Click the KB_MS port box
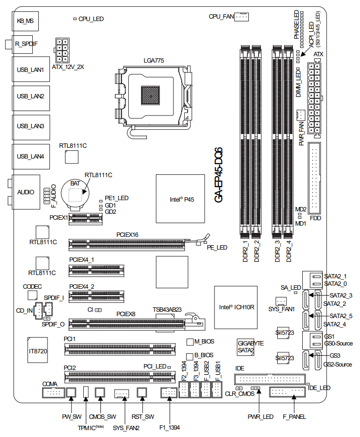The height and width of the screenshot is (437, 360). click(25, 21)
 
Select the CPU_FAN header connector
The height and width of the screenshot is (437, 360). click(242, 17)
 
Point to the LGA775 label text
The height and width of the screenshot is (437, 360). click(153, 60)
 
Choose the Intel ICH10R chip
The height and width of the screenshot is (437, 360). click(237, 307)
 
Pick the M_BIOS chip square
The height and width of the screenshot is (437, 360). click(191, 341)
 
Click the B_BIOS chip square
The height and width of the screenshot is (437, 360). click(191, 355)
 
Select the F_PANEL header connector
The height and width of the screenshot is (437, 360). click(287, 391)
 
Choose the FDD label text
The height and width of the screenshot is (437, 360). click(315, 218)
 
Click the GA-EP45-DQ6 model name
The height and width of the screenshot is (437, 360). click(218, 174)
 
